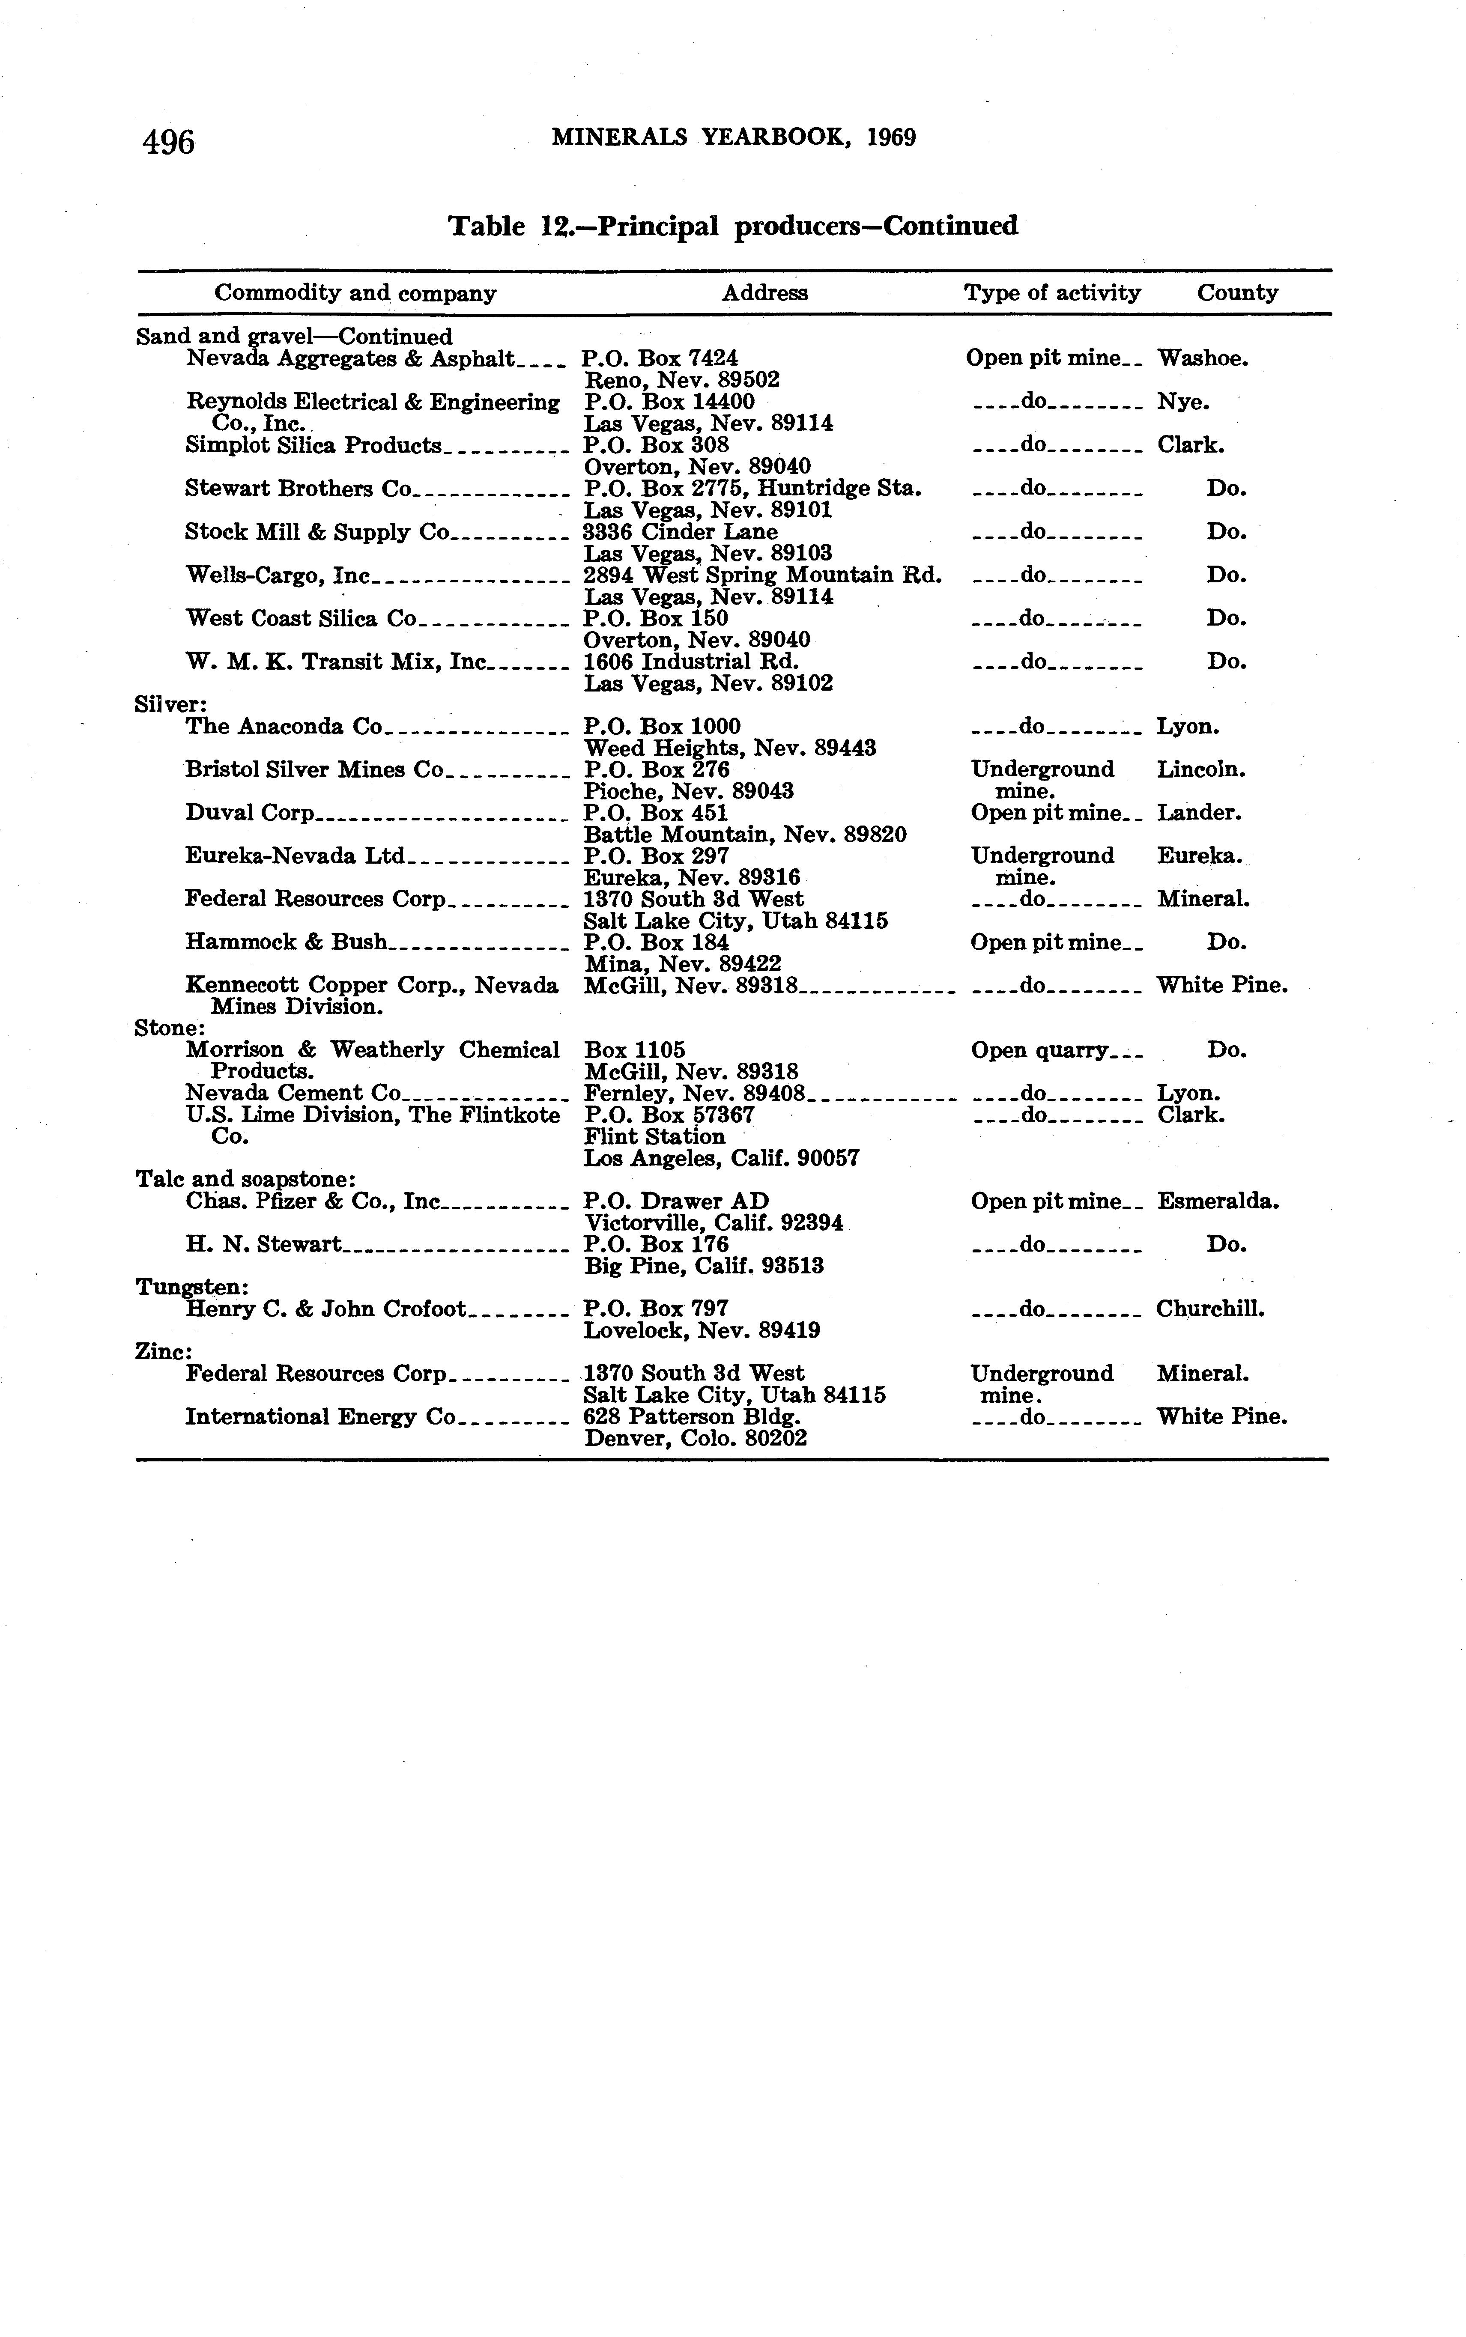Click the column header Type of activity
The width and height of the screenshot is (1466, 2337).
(x=1052, y=293)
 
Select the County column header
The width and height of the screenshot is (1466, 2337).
(x=1237, y=293)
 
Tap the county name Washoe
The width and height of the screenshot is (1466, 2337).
(x=1202, y=359)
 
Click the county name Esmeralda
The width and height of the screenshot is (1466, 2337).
(x=1218, y=1202)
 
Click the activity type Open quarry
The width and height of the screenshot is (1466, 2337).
(x=1039, y=1051)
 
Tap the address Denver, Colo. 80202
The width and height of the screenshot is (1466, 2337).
(x=695, y=1440)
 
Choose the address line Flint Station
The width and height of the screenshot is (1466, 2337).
(x=654, y=1137)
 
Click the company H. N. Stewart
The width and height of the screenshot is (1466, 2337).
(x=263, y=1245)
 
